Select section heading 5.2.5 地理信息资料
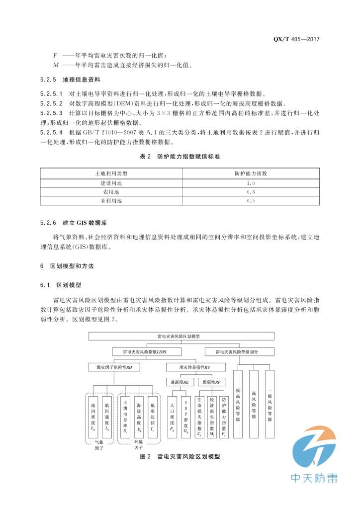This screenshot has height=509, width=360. (x=70, y=80)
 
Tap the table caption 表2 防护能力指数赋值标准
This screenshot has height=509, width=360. (x=180, y=157)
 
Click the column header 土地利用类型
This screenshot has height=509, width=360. (x=111, y=173)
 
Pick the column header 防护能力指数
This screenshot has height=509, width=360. (x=251, y=173)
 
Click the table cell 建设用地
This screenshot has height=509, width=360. (x=111, y=183)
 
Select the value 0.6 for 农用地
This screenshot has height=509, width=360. (x=251, y=192)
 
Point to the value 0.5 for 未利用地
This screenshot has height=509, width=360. (x=251, y=201)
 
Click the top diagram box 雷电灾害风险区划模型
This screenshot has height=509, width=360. (x=179, y=337)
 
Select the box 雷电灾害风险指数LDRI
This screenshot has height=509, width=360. (x=146, y=351)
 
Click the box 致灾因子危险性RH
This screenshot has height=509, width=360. (x=114, y=367)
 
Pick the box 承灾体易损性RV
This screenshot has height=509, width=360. (x=195, y=367)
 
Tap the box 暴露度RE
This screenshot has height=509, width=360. (x=179, y=382)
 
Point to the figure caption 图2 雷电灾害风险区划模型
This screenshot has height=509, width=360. (x=180, y=455)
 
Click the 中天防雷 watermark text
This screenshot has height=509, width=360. (x=314, y=478)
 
